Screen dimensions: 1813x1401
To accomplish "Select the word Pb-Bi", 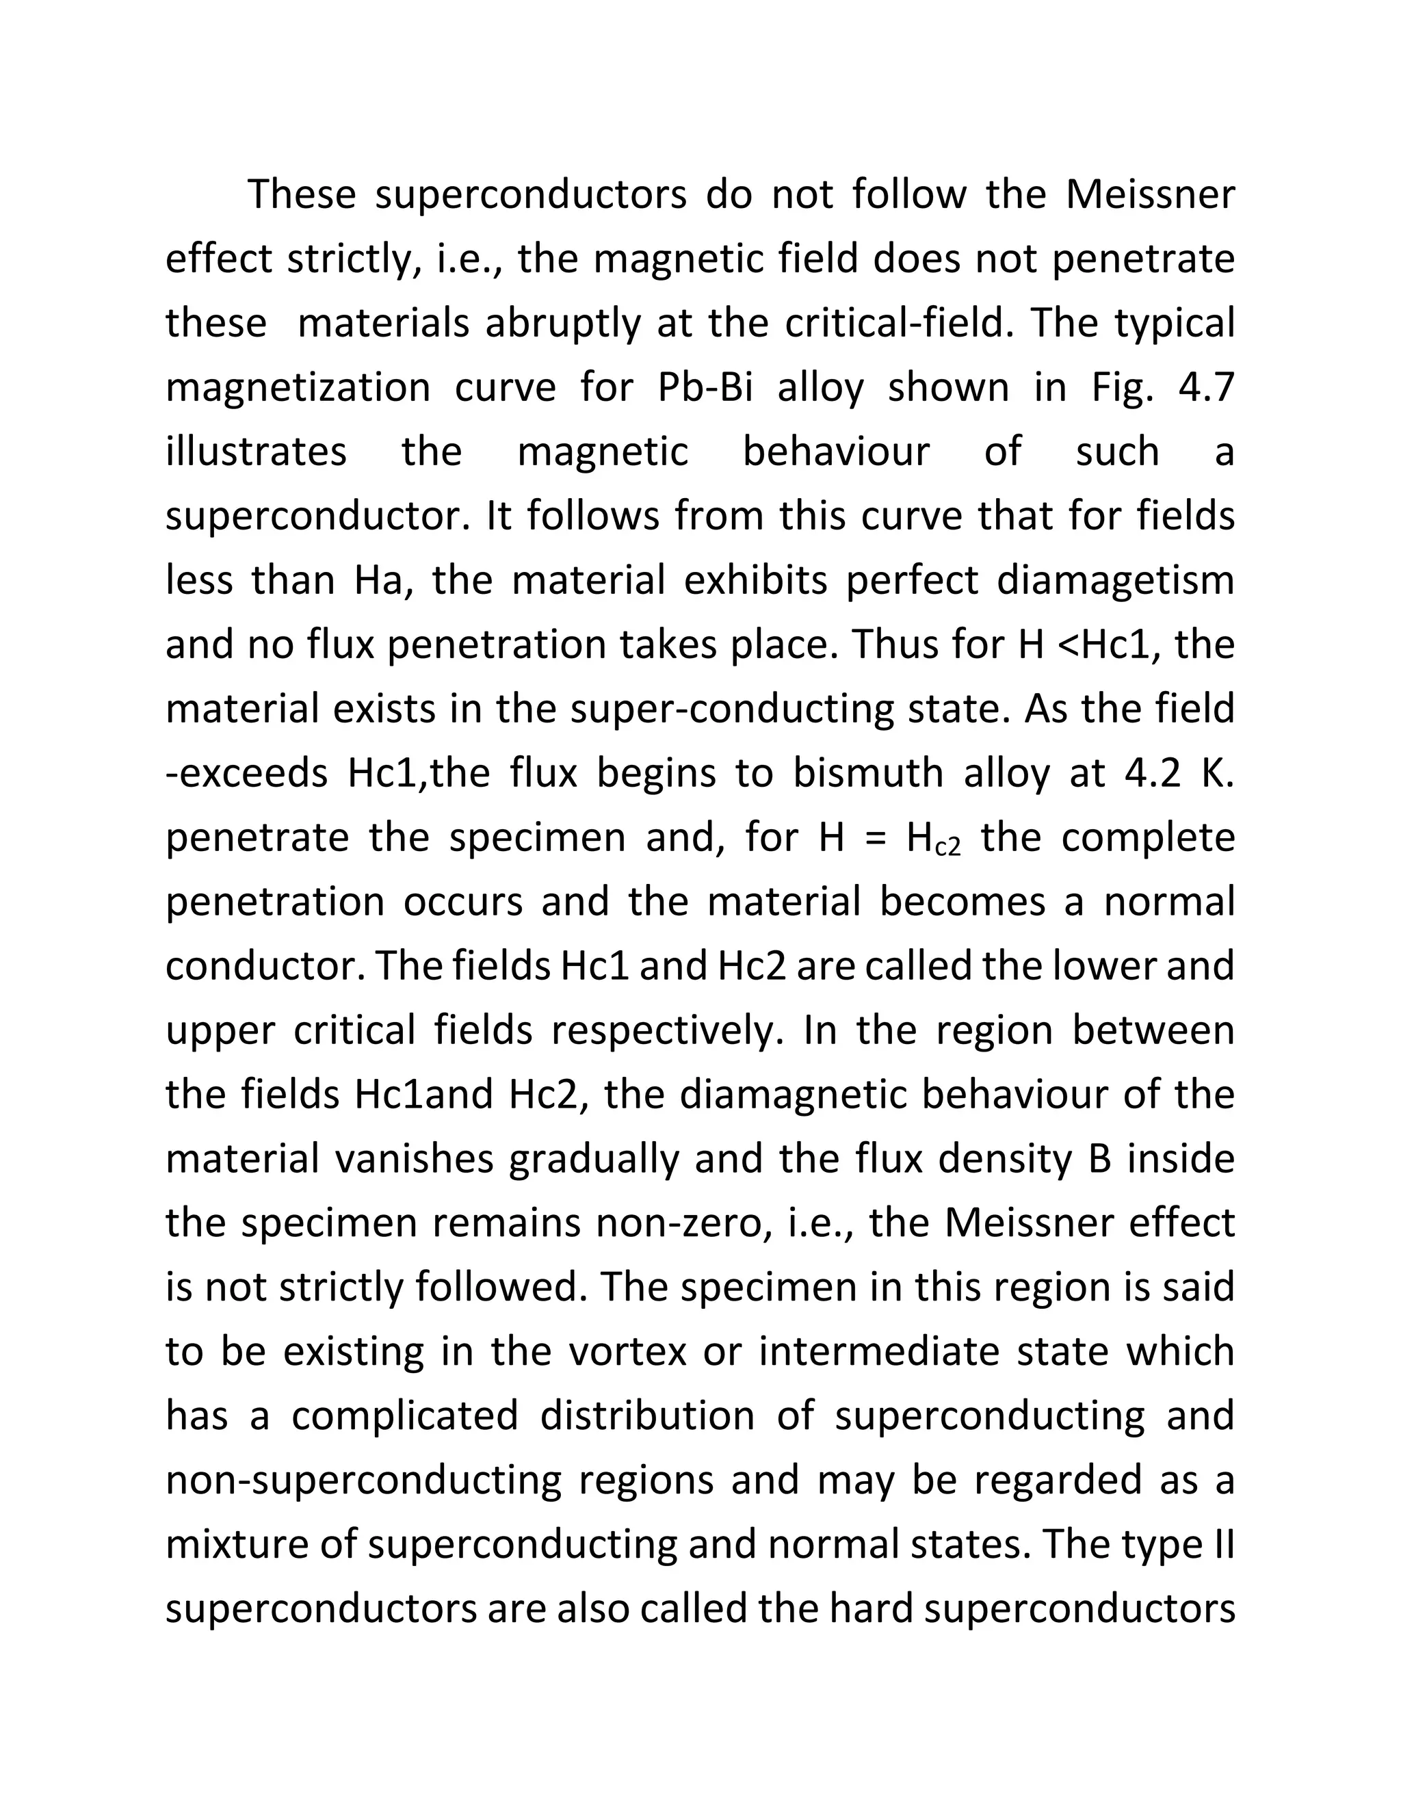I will click(705, 389).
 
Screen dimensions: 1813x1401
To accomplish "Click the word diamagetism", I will click(1114, 580).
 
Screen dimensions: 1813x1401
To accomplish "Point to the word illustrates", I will click(256, 452).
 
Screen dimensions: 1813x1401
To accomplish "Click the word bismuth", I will click(868, 773).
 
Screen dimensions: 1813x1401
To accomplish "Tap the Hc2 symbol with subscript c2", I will click(934, 839).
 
